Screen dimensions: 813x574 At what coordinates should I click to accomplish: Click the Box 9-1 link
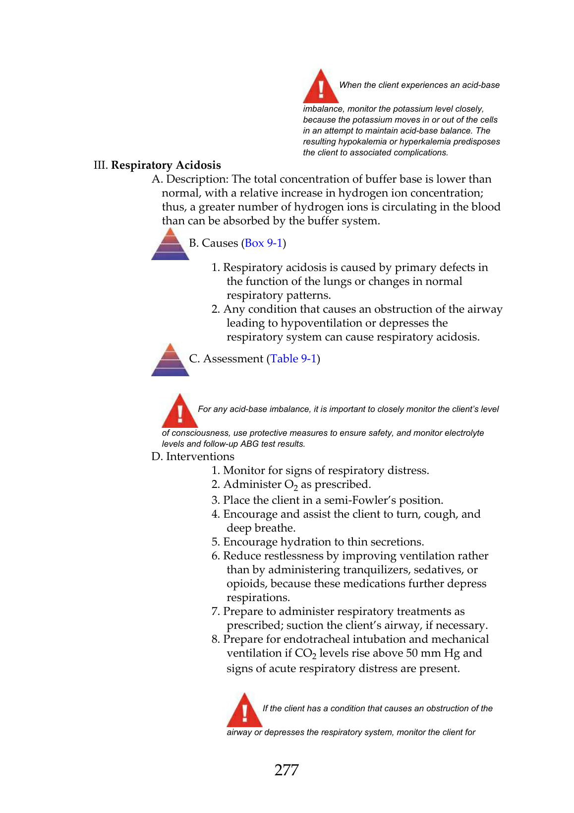263,243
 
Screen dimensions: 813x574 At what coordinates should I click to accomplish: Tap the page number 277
287,770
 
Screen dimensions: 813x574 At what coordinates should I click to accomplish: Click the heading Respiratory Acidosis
166,165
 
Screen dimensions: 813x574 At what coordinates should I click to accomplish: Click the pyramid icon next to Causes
170,244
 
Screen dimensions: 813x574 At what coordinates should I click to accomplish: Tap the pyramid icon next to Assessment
170,360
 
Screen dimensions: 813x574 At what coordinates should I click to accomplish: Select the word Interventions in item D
200,457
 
